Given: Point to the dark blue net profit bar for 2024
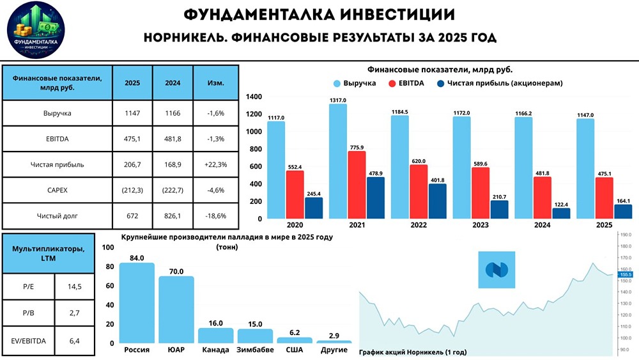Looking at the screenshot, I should (560, 213).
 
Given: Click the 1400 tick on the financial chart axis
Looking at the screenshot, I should (254, 97).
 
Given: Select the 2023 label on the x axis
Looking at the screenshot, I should (470, 225).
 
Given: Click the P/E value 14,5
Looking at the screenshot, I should (74, 287).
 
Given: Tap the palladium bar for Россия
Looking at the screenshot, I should (137, 303).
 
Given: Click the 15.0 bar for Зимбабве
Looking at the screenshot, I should (255, 336).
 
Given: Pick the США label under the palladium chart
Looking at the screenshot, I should (295, 350).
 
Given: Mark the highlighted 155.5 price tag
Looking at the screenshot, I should (626, 274).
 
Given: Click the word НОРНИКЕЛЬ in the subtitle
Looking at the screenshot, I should (183, 38).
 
